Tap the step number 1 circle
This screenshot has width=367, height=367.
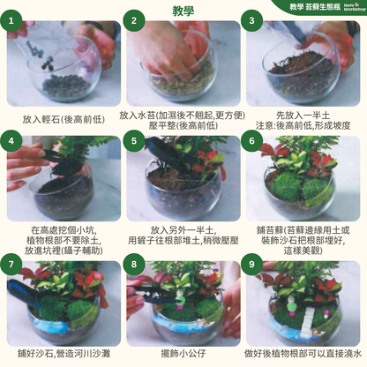click(x=14, y=20)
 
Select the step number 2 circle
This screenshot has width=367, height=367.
click(x=135, y=20)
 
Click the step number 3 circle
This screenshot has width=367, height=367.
click(x=254, y=20)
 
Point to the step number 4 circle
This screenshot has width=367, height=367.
click(x=14, y=141)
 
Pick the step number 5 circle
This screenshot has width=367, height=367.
click(x=135, y=141)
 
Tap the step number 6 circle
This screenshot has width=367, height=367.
click(x=254, y=141)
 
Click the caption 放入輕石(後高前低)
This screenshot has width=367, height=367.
click(x=60, y=116)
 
